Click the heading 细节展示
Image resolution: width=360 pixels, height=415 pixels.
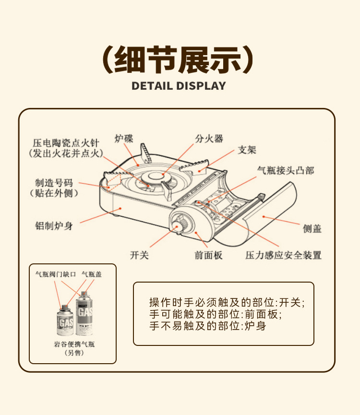(x=179, y=59)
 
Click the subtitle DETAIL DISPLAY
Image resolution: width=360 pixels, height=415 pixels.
(x=179, y=86)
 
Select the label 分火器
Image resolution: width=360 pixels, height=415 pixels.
(x=209, y=139)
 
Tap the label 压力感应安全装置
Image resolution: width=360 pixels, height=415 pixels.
(x=283, y=255)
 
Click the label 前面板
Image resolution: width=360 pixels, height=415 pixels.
(x=209, y=255)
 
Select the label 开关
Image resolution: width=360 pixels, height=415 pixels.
(x=140, y=255)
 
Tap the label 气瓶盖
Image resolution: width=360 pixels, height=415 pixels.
(x=91, y=274)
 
